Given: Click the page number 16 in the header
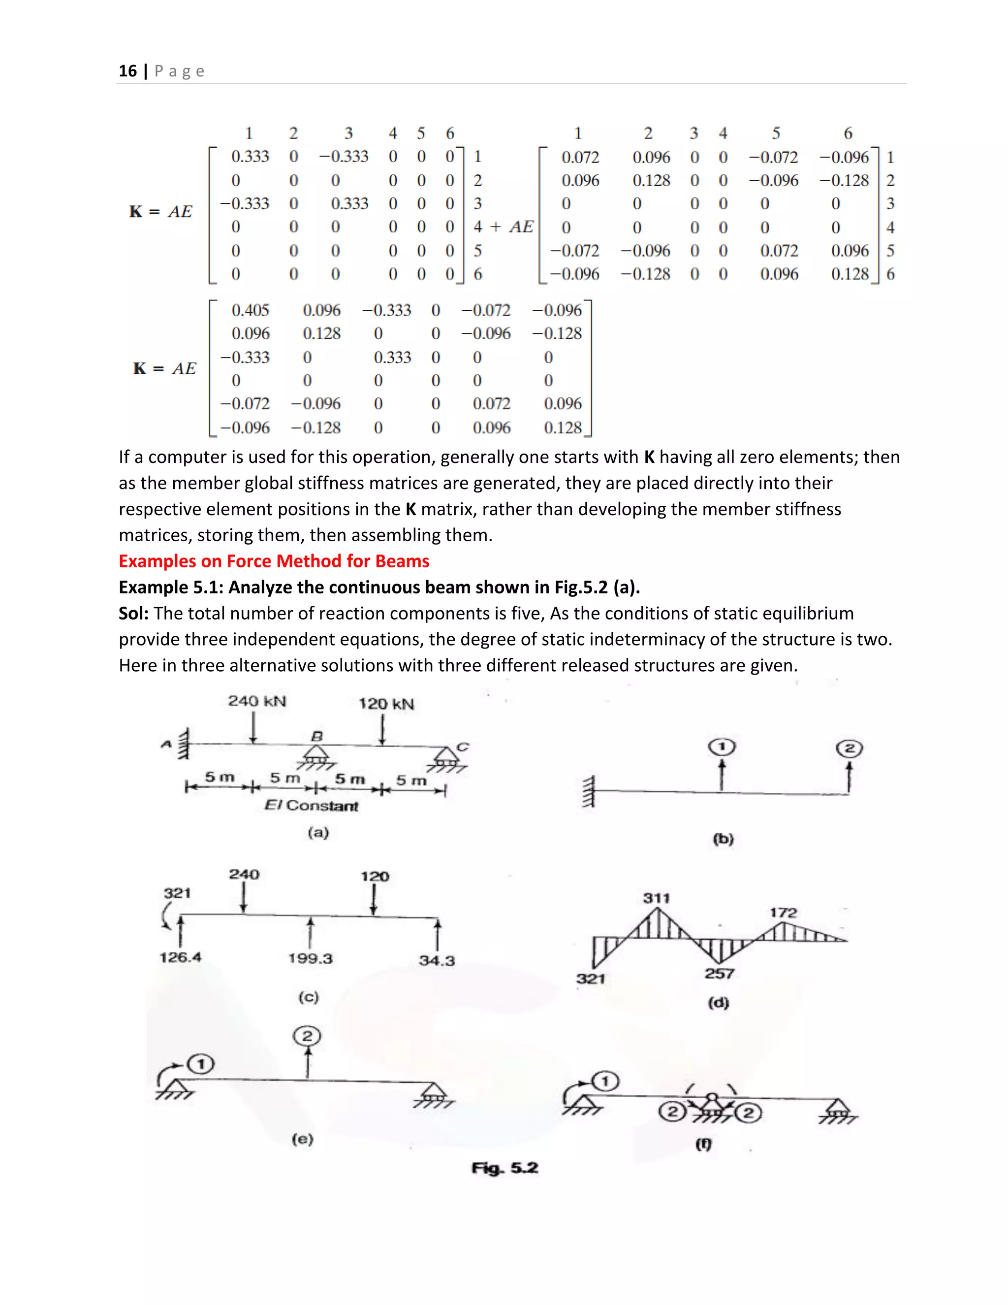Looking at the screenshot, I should click(128, 71).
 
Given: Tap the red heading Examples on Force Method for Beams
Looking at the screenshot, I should click(274, 561).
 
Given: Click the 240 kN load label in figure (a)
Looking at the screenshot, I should click(257, 701).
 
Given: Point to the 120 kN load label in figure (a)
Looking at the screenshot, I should click(386, 704).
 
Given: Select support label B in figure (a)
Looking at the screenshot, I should click(316, 736).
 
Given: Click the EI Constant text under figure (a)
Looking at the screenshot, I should click(311, 806).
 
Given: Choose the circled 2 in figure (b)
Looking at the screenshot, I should click(849, 749).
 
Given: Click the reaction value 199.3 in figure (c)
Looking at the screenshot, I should click(310, 958).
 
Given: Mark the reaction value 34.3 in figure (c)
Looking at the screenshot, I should click(437, 961).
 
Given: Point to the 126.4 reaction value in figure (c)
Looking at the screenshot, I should click(180, 957).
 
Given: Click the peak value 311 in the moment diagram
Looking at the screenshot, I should click(656, 898).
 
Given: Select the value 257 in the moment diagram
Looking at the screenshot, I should click(719, 974).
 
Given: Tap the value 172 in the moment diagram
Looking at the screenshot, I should click(783, 913).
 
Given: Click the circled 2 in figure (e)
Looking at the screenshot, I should click(307, 1036).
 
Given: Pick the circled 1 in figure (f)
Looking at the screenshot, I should click(606, 1081).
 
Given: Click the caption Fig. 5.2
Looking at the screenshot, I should click(504, 1168).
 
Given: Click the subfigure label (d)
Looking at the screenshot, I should click(719, 1002).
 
